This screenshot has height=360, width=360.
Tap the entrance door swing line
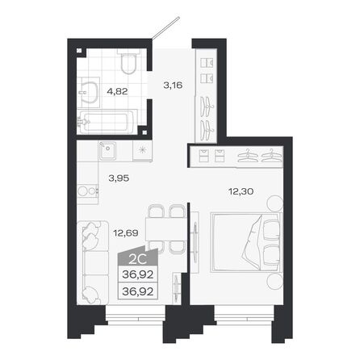point(166,29)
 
